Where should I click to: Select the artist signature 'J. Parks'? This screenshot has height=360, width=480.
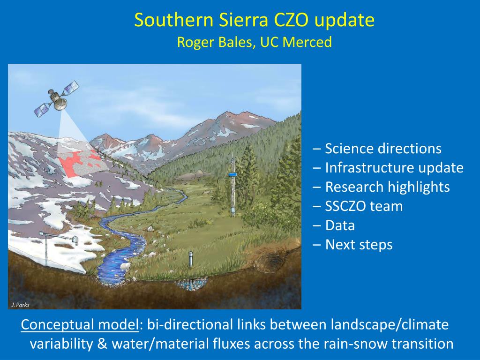click(20, 305)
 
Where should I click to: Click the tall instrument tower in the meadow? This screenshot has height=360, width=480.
click(232, 187)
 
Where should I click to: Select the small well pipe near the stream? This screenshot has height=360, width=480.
click(190, 259)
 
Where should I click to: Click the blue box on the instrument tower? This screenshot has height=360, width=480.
click(232, 174)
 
